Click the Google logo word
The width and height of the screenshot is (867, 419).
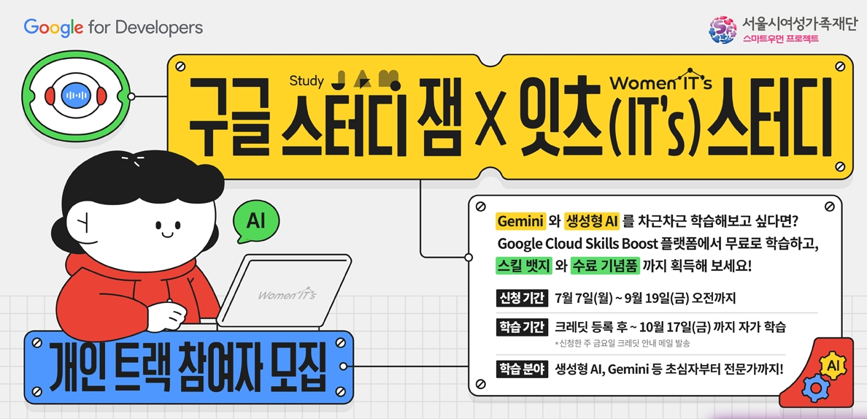[x=53, y=28]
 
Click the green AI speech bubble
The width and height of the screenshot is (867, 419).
[x=255, y=221]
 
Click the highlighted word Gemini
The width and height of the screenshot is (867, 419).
[x=521, y=221]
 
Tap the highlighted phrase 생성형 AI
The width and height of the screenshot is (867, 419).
[x=592, y=221]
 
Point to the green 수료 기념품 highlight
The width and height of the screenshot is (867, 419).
[x=606, y=266]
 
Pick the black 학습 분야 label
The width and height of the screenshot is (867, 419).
[x=521, y=369]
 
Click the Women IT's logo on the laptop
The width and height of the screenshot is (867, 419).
[x=288, y=295]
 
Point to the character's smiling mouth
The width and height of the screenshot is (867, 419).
[x=166, y=235]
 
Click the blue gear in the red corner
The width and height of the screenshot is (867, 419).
[x=812, y=388]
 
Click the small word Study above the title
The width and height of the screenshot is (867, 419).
[x=306, y=80]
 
